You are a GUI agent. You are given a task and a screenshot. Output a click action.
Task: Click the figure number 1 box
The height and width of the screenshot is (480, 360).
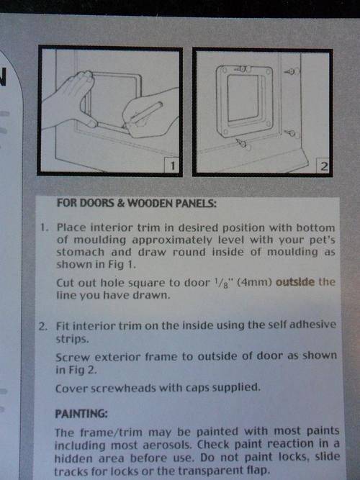(171, 166)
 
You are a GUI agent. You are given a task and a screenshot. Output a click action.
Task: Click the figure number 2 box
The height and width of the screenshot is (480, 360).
(323, 166)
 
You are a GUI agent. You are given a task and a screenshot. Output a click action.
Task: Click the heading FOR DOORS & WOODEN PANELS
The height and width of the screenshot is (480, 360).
(136, 203)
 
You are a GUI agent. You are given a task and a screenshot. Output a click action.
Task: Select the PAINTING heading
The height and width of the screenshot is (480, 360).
(81, 414)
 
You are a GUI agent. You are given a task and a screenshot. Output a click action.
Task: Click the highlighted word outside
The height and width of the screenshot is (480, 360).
(295, 281)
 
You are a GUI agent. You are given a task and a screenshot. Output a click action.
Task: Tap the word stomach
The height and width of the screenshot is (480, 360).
(81, 253)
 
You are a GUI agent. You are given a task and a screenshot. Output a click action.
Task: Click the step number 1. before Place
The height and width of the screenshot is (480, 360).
(45, 227)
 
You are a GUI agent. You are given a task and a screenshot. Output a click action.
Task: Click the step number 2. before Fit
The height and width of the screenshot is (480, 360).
(43, 326)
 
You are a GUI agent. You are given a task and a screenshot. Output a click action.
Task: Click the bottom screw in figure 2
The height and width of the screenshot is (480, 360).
(241, 142)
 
